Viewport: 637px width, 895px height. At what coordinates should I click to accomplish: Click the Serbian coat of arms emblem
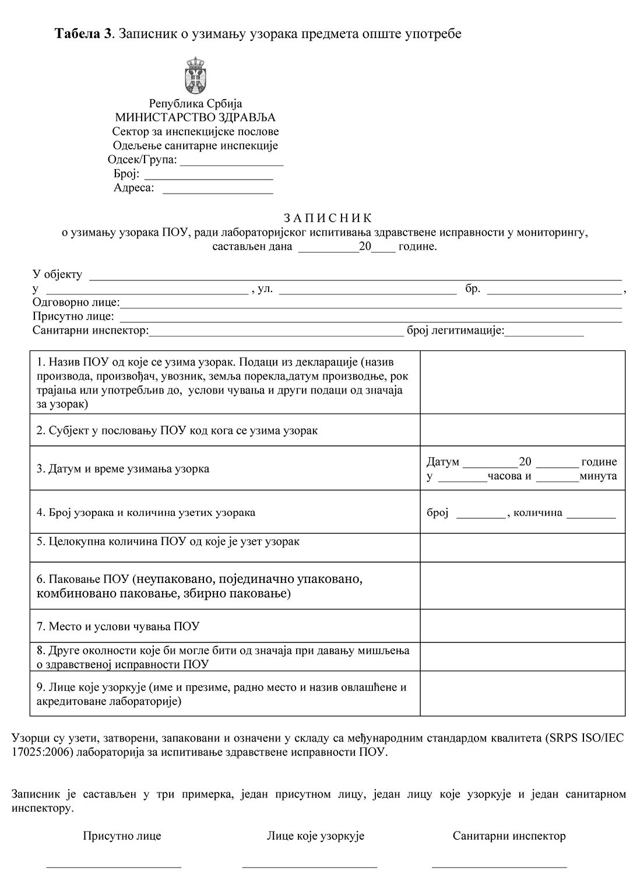(195, 76)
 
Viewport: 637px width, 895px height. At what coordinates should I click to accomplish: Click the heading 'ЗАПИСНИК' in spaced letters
(327, 219)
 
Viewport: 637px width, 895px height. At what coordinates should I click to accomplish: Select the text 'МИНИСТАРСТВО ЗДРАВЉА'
(195, 118)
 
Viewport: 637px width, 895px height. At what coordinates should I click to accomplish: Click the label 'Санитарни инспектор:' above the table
(91, 331)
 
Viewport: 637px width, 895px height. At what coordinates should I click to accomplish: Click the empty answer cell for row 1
(522, 382)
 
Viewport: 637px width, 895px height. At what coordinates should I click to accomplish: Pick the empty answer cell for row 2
(522, 430)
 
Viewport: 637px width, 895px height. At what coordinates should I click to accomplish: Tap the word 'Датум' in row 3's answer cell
(443, 462)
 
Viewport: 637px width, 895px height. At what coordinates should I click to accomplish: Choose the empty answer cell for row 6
(522, 586)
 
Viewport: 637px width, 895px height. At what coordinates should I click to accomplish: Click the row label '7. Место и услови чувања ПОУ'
(118, 627)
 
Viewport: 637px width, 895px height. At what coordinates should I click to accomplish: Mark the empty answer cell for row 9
(522, 694)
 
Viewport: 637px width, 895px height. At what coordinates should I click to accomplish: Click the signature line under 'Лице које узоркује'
(309, 866)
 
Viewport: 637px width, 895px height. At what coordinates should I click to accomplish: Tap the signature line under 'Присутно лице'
(114, 866)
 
